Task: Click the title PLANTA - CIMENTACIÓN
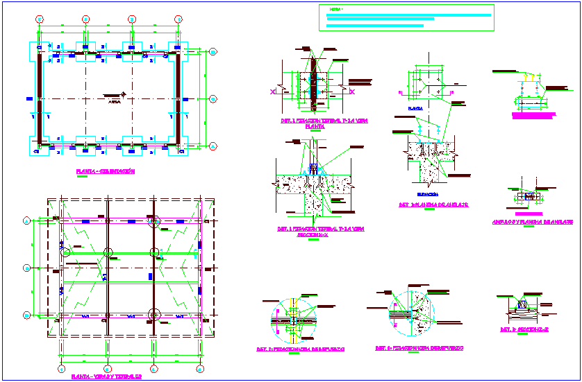point(106,171)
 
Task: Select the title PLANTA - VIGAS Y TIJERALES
point(106,377)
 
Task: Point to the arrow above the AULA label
point(122,94)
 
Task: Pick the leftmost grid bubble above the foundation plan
point(40,18)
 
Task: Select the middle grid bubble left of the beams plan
point(26,268)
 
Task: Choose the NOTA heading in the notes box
point(336,10)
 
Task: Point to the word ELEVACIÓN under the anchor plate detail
point(426,194)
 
